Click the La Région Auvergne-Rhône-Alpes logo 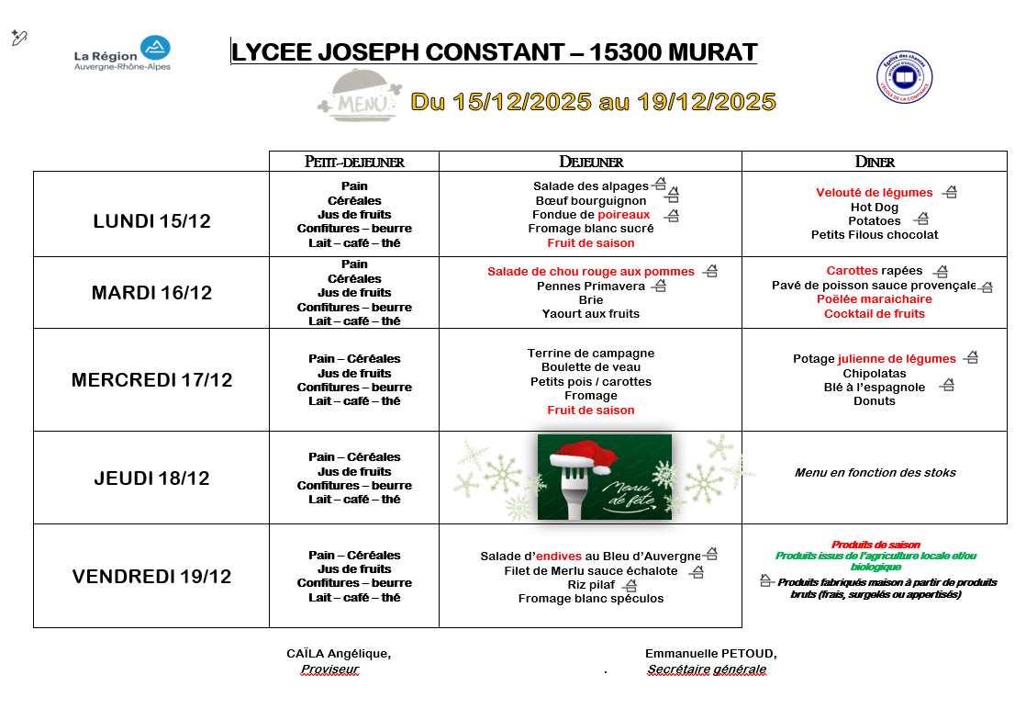tap(122, 54)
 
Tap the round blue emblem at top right tap(904, 77)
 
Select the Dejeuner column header tap(591, 162)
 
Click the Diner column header tap(874, 162)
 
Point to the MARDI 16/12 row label tap(151, 293)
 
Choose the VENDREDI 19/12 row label tap(151, 577)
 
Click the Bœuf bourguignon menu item tap(591, 200)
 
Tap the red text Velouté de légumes tap(874, 193)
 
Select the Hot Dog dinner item tap(874, 207)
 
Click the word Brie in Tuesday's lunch tap(591, 299)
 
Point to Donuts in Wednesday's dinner tap(874, 401)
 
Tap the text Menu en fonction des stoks tap(875, 473)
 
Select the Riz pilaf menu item tap(591, 584)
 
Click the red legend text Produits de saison tap(875, 545)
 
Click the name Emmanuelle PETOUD tap(710, 654)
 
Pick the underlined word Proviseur tap(329, 669)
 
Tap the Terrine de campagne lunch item tap(591, 354)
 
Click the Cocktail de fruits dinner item tap(874, 313)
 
